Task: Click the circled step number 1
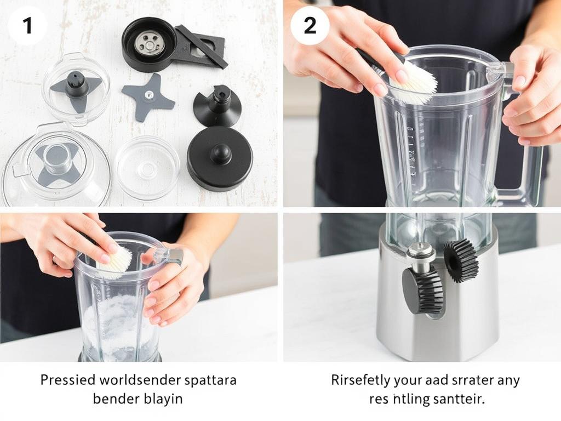click(27, 26)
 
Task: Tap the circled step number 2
click(310, 26)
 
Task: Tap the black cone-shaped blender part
click(218, 106)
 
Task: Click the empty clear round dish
click(146, 168)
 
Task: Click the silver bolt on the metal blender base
click(421, 252)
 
